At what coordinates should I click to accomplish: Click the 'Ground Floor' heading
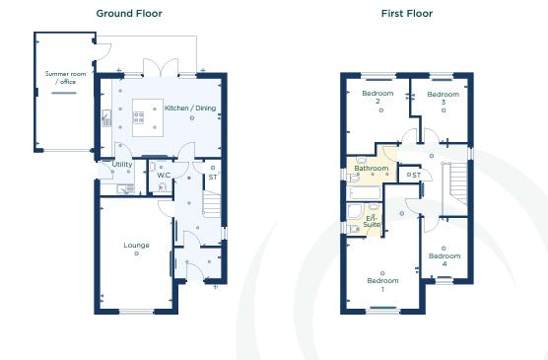[128, 14]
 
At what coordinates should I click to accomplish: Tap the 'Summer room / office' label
[60, 78]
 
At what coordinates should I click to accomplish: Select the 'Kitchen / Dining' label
[190, 108]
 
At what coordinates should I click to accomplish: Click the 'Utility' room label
[122, 165]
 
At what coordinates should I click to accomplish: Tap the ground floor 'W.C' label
[164, 176]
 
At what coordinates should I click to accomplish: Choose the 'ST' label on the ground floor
[212, 177]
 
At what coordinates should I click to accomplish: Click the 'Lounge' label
[136, 244]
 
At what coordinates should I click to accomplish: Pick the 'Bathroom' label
[371, 169]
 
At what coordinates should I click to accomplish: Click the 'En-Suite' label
[372, 221]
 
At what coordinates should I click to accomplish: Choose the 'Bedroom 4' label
[444, 259]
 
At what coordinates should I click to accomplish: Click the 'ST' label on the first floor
[417, 176]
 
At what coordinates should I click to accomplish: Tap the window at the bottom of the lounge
[136, 313]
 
